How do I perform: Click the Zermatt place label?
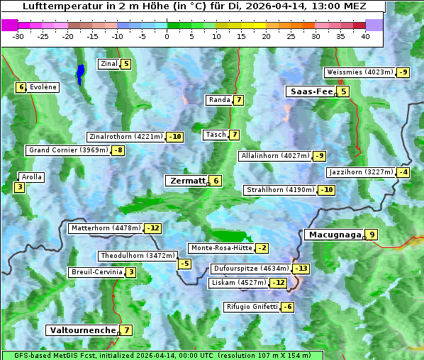point(187,181)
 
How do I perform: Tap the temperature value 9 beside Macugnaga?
point(372,235)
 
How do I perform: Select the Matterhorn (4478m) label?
point(106,228)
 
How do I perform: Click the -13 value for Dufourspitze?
point(302,269)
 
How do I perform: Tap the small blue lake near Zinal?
point(80,73)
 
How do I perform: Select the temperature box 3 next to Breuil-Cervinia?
point(131,272)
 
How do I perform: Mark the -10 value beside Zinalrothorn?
point(174,137)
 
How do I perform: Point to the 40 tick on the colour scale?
point(365,36)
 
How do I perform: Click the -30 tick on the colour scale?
point(18,36)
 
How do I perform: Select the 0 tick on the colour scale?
point(167,36)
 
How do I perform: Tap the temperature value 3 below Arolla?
point(19,188)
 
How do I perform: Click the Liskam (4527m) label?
point(238,283)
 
